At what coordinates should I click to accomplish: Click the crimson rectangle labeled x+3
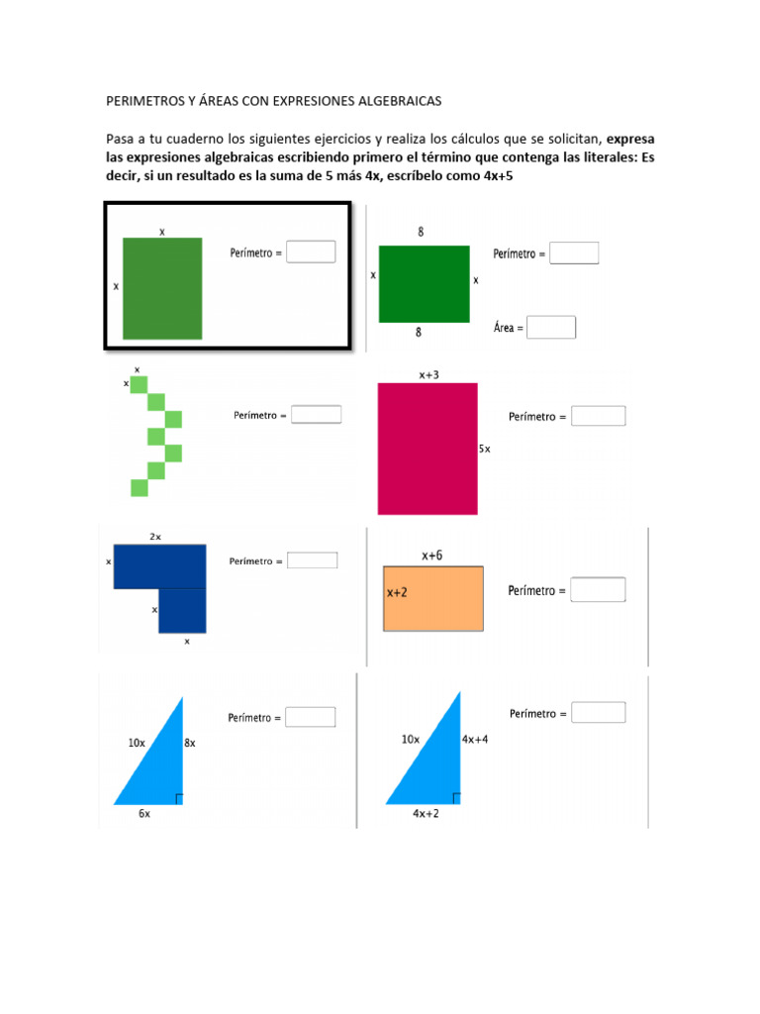click(x=427, y=448)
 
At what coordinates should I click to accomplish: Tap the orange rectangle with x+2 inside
click(x=433, y=598)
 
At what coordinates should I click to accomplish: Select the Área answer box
click(x=551, y=327)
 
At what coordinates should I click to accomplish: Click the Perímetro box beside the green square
click(x=311, y=252)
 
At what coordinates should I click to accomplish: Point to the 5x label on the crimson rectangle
click(x=484, y=449)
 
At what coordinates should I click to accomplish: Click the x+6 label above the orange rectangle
click(x=432, y=556)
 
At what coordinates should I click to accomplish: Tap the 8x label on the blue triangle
click(x=190, y=742)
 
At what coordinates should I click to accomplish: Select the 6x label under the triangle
click(x=144, y=813)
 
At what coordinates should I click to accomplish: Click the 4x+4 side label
click(x=475, y=739)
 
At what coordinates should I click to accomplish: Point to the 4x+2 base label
click(x=427, y=813)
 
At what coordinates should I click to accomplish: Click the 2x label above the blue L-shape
click(x=155, y=536)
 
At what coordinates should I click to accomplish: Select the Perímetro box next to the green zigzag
click(x=316, y=414)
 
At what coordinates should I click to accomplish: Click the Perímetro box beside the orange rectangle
click(x=599, y=590)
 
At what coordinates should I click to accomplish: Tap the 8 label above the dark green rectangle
click(x=421, y=232)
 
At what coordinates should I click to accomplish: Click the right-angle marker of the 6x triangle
click(x=178, y=798)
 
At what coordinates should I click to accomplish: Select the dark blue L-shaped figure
click(x=159, y=574)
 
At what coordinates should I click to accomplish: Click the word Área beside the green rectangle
click(x=505, y=327)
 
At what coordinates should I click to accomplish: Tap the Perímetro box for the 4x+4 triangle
click(x=599, y=713)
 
